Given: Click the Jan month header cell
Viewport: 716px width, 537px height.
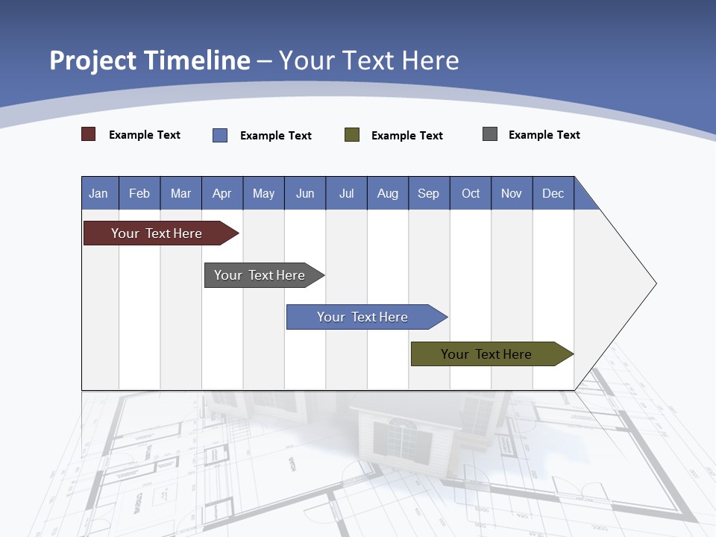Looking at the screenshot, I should pos(99,193).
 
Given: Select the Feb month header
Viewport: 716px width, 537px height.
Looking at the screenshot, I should pos(139,193).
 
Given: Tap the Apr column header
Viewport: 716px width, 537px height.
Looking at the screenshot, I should pos(222,193).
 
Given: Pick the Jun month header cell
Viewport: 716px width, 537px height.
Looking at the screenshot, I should pos(305,193).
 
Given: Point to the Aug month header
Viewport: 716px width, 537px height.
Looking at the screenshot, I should pos(388,193).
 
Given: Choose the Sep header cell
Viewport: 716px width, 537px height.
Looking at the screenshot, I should pos(429,193).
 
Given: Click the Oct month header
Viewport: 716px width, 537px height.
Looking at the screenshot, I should pos(471,193).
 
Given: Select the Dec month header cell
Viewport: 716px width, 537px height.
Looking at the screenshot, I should pos(553,193).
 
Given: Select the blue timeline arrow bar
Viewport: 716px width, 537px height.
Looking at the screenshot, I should pos(363,317).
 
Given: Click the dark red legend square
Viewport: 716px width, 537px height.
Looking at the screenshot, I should pos(89,134).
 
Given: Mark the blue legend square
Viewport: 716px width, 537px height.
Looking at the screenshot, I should pos(220,135).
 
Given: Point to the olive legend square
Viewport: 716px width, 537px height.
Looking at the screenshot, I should pos(352,135).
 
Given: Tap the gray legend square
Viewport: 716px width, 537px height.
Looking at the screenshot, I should pos(490,134).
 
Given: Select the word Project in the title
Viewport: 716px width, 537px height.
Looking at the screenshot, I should pos(94,60).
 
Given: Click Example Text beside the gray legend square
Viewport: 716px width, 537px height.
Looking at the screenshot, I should pos(544,135).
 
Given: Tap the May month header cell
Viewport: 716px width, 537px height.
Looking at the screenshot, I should pos(263,193).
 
